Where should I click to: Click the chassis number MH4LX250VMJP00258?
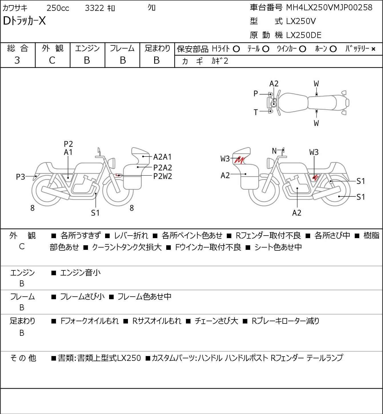[x=329, y=8]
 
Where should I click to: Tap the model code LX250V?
[x=301, y=21]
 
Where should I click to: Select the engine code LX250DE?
[x=304, y=35]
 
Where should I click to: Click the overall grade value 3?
[x=17, y=61]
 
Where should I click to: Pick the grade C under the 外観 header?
[x=52, y=61]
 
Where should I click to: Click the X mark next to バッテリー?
[x=373, y=49]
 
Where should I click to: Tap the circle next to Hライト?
[x=236, y=49]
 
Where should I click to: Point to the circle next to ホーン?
[x=333, y=49]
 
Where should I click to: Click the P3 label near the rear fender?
[x=21, y=177]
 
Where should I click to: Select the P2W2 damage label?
[x=163, y=176]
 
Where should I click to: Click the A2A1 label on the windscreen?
[x=162, y=157]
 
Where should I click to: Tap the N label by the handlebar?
[x=274, y=151]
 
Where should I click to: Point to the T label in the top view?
[x=256, y=112]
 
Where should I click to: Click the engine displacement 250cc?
[x=58, y=8]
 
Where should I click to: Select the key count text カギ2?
[x=220, y=61]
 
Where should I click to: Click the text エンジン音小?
[x=80, y=273]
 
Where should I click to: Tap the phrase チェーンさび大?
[x=216, y=321]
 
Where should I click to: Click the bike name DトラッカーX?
[x=24, y=21]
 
